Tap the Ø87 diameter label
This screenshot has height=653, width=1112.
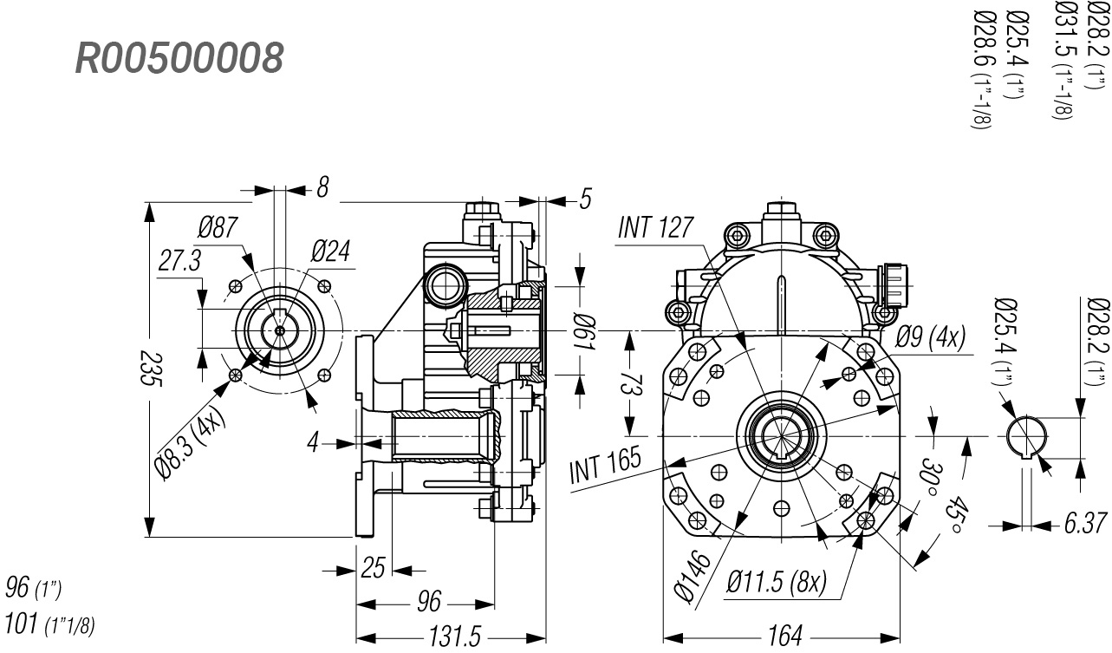pyautogui.click(x=218, y=229)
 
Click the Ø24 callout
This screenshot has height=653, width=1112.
pyautogui.click(x=330, y=252)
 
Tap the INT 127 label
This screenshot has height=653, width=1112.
pyautogui.click(x=655, y=228)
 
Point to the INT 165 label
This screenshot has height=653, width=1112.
pyautogui.click(x=605, y=465)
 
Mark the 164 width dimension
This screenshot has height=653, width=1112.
pyautogui.click(x=784, y=635)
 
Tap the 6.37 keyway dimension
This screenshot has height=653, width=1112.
pyautogui.click(x=1084, y=524)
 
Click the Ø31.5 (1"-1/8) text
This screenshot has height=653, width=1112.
pyautogui.click(x=1063, y=59)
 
